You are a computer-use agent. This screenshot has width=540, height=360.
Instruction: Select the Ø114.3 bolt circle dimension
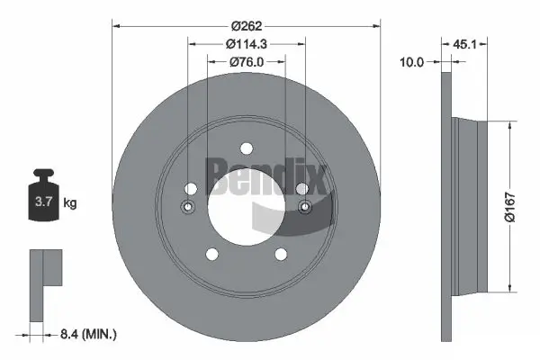(x=245, y=43)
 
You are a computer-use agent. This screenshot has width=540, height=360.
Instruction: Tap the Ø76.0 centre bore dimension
(x=245, y=62)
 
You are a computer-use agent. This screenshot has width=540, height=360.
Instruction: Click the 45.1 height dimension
(x=464, y=41)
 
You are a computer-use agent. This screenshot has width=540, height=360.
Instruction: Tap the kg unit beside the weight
(x=70, y=204)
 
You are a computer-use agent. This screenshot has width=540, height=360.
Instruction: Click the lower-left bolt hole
(x=211, y=255)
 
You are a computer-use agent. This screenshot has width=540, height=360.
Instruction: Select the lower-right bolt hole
(x=280, y=255)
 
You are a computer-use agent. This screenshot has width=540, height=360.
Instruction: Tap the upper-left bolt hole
(x=190, y=189)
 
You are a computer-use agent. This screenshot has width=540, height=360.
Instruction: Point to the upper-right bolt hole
(x=301, y=189)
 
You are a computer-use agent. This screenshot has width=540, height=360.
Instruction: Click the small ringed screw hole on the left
(x=187, y=207)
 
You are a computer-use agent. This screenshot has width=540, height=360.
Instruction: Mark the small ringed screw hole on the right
(x=304, y=207)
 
